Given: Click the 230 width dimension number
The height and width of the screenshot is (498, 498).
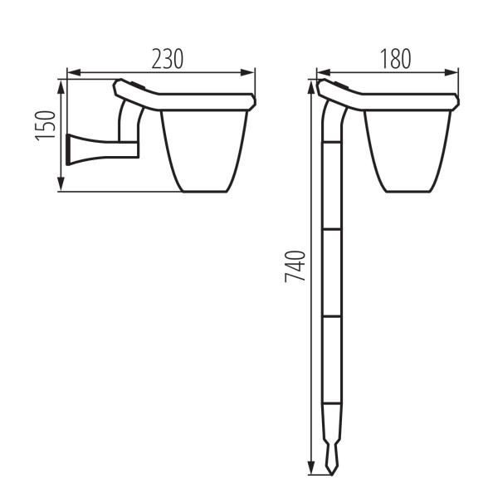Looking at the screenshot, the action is (x=168, y=59).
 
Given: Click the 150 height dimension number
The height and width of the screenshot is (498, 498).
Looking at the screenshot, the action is (x=45, y=125).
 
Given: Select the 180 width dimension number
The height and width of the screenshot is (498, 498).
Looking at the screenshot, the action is (x=396, y=59).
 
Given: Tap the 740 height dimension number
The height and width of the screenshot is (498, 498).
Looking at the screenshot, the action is (x=295, y=266).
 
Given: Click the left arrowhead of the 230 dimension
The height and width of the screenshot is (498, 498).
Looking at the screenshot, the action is (x=74, y=73).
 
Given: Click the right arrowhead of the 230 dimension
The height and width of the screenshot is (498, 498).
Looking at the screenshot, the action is (x=247, y=73).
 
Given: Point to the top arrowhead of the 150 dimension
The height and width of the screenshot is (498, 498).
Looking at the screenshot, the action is (x=61, y=86).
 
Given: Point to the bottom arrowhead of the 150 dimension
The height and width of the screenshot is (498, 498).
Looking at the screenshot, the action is (x=61, y=184).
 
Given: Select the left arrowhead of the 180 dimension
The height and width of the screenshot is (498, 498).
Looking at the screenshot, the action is (x=324, y=73).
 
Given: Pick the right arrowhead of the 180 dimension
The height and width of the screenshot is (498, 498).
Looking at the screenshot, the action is (x=451, y=73).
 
